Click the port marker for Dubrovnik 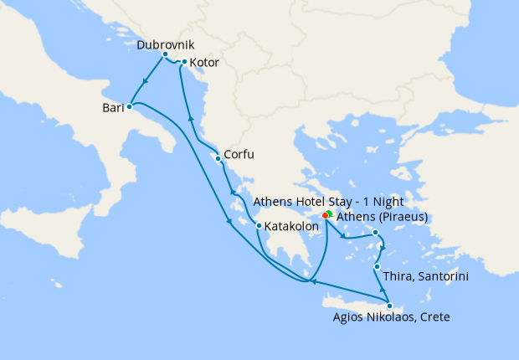pyautogui.click(x=165, y=54)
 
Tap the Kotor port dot pyautogui.click(x=184, y=62)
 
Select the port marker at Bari pyautogui.click(x=129, y=107)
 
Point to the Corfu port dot pyautogui.click(x=218, y=158)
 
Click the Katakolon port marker pyautogui.click(x=259, y=226)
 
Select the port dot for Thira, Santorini pyautogui.click(x=377, y=267)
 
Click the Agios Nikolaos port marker pyautogui.click(x=389, y=306)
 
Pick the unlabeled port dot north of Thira pyautogui.click(x=376, y=232)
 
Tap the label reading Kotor pyautogui.click(x=205, y=62)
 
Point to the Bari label pyautogui.click(x=111, y=108)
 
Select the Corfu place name pyautogui.click(x=239, y=155)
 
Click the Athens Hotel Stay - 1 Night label pyautogui.click(x=328, y=202)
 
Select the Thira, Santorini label pyautogui.click(x=424, y=275)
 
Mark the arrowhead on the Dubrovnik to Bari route pyautogui.click(x=145, y=82)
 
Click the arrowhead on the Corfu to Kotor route pyautogui.click(x=191, y=119)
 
